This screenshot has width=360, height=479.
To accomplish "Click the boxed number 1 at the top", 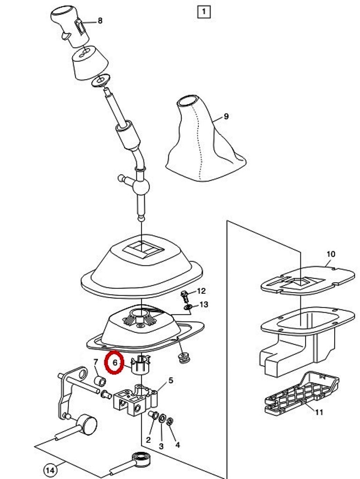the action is [x=204, y=12].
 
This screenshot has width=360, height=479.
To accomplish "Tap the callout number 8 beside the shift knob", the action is [x=100, y=21].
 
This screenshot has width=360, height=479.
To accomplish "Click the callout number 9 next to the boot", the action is [x=226, y=116].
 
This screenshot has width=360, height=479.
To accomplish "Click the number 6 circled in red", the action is [x=115, y=363].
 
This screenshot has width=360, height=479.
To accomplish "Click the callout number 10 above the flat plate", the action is [x=330, y=254].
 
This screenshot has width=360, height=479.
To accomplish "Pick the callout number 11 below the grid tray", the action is [x=319, y=412].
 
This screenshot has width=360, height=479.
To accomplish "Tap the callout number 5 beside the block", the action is [x=171, y=381].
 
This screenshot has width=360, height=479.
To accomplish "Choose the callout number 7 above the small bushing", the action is [x=95, y=362].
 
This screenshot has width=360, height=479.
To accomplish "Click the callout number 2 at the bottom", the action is [x=148, y=440].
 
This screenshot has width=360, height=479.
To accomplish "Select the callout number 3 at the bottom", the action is [x=161, y=446].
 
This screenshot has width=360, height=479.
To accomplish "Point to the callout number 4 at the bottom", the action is [x=178, y=445].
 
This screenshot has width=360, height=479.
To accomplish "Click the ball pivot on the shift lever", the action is [x=141, y=186].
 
